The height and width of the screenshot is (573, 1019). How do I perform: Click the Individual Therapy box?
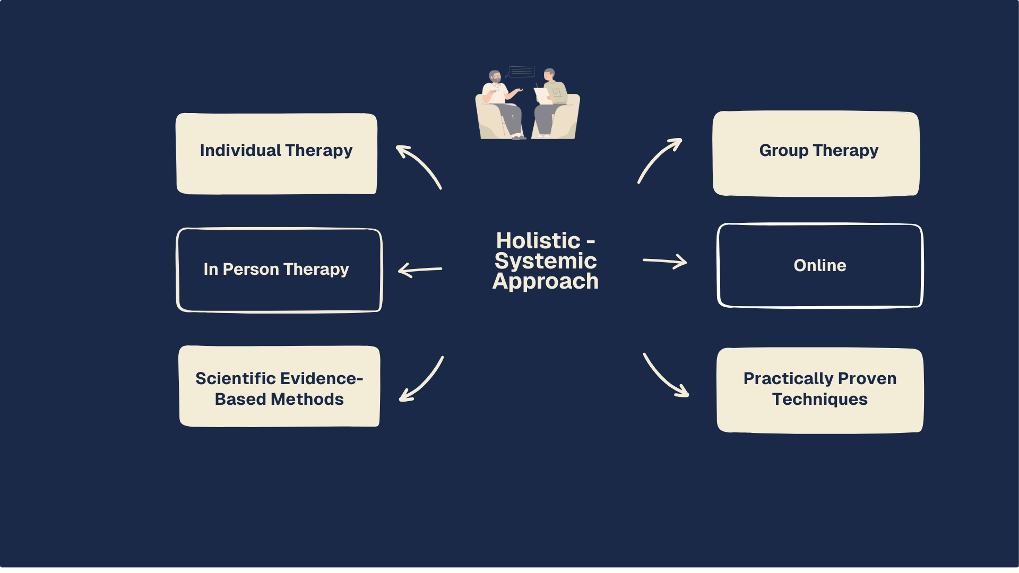tap(277, 153)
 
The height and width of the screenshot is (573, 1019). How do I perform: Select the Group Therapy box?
tap(816, 153)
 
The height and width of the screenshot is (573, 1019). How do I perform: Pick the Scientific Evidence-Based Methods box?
tap(279, 386)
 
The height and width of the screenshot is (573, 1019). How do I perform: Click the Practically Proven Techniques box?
tap(820, 390)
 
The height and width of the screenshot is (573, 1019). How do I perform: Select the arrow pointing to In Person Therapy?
tap(420, 270)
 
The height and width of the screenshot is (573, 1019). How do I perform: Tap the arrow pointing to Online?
tap(664, 261)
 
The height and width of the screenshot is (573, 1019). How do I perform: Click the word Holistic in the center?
tap(538, 241)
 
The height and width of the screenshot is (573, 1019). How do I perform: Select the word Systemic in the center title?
tap(546, 262)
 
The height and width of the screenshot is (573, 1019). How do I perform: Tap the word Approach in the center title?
tap(546, 282)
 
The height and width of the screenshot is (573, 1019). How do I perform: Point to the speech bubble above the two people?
tap(521, 71)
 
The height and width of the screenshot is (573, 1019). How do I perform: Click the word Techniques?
tap(820, 400)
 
